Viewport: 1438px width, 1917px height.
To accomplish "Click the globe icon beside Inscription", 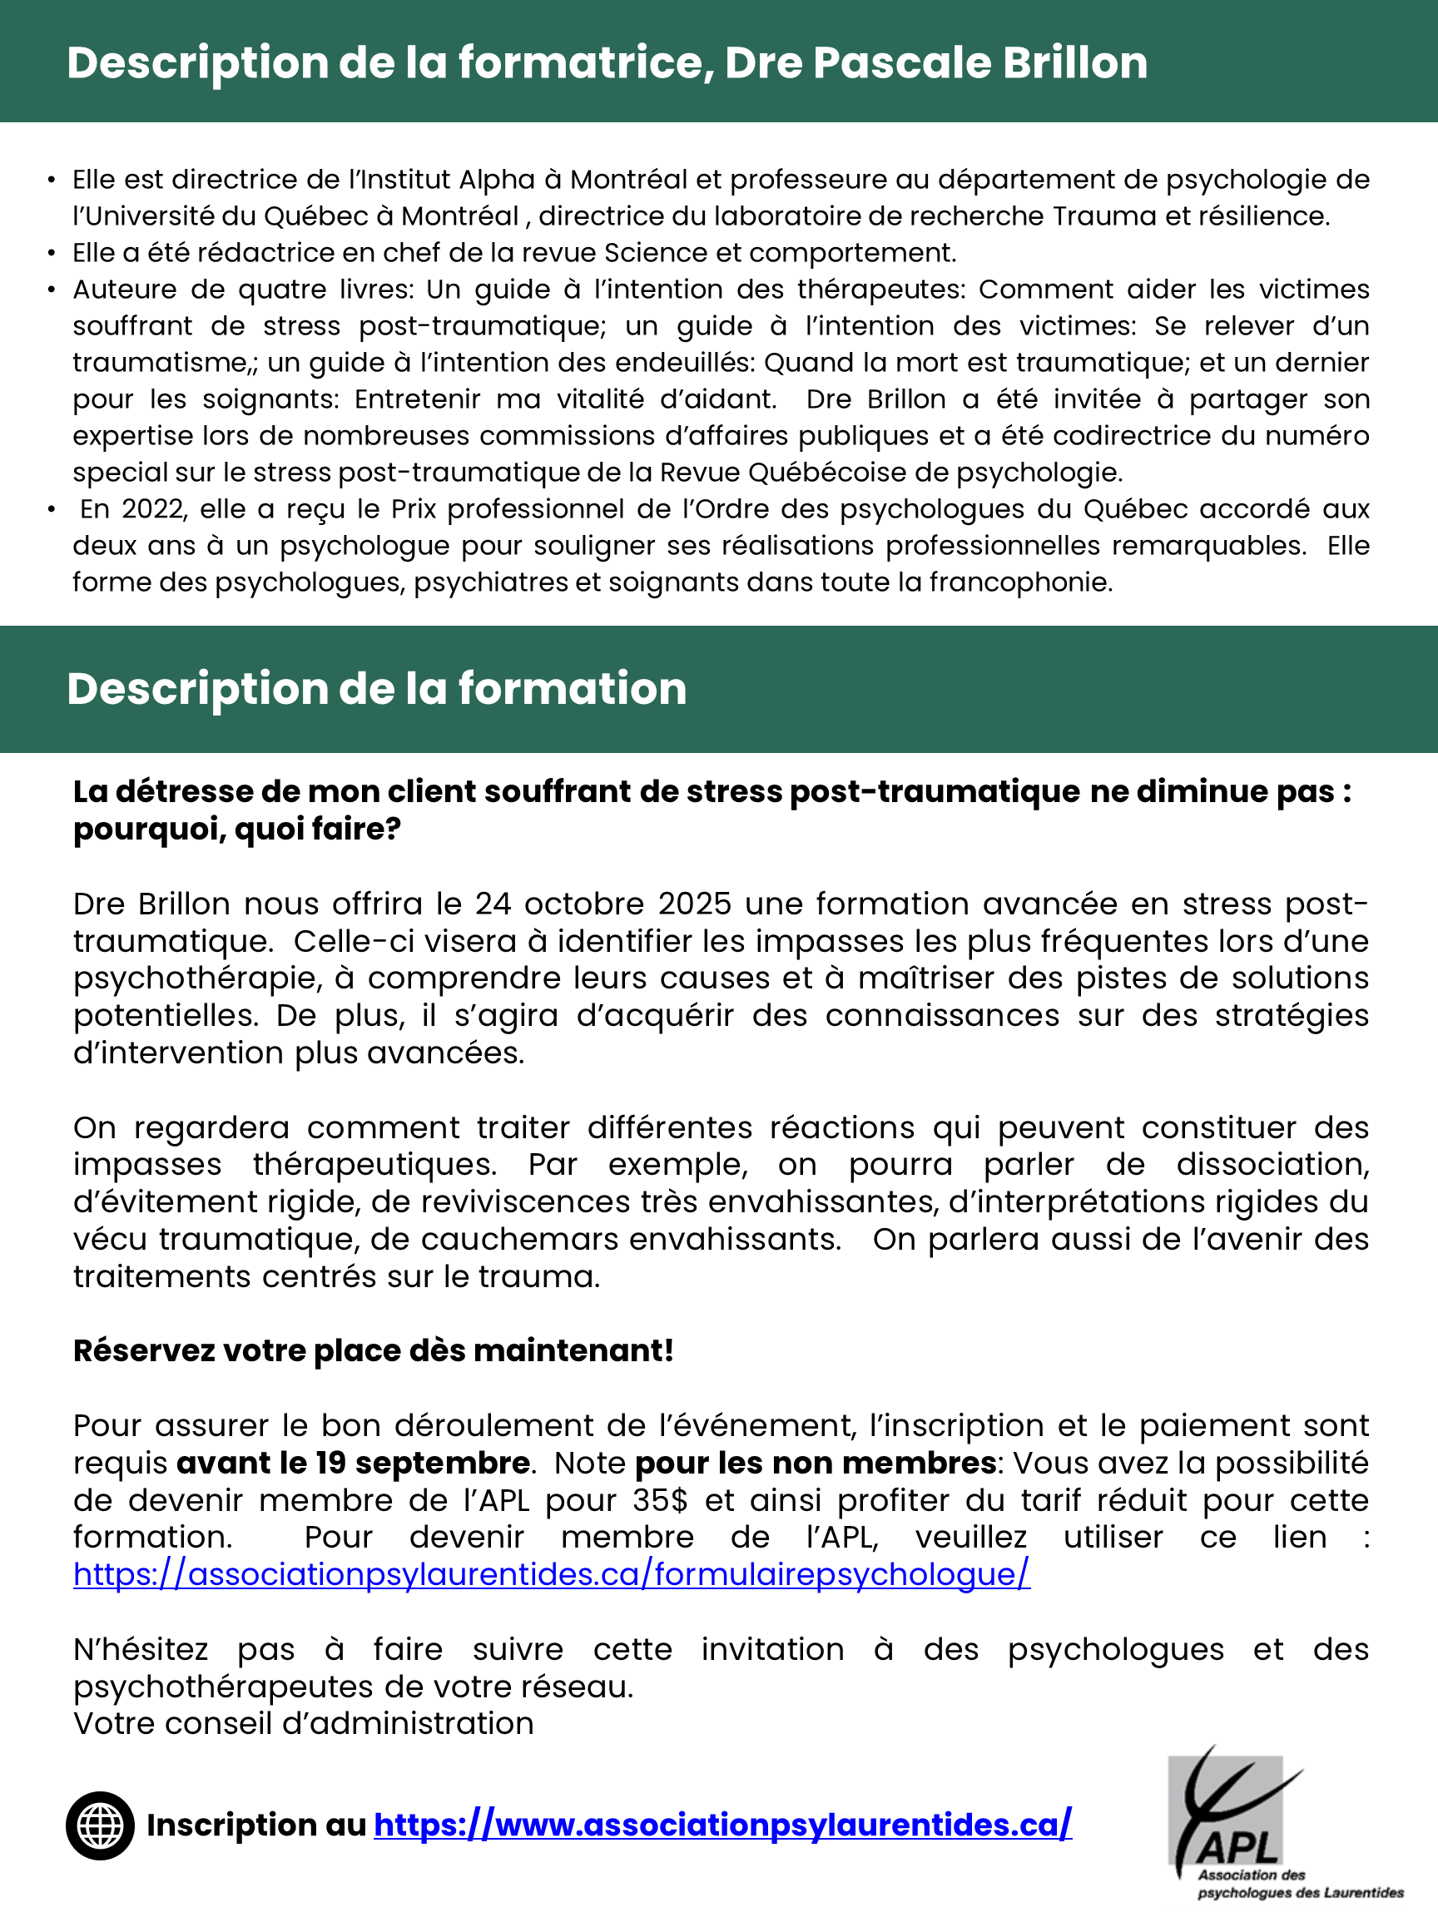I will tap(100, 1825).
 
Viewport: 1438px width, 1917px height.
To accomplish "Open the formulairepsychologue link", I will tap(551, 1574).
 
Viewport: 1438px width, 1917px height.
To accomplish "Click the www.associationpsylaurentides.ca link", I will tap(723, 1825).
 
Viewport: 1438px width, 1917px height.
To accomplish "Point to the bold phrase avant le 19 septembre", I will tap(353, 1462).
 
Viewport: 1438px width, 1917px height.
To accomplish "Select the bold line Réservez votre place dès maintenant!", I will tap(373, 1350).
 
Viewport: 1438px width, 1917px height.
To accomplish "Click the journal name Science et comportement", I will tap(779, 252).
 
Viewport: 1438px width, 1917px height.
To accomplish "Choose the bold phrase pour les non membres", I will tap(815, 1462).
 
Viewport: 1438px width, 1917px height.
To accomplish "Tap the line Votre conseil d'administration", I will tap(304, 1723).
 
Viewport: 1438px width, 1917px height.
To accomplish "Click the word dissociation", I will tap(1272, 1164).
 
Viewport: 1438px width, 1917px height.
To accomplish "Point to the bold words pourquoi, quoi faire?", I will tap(236, 829).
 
